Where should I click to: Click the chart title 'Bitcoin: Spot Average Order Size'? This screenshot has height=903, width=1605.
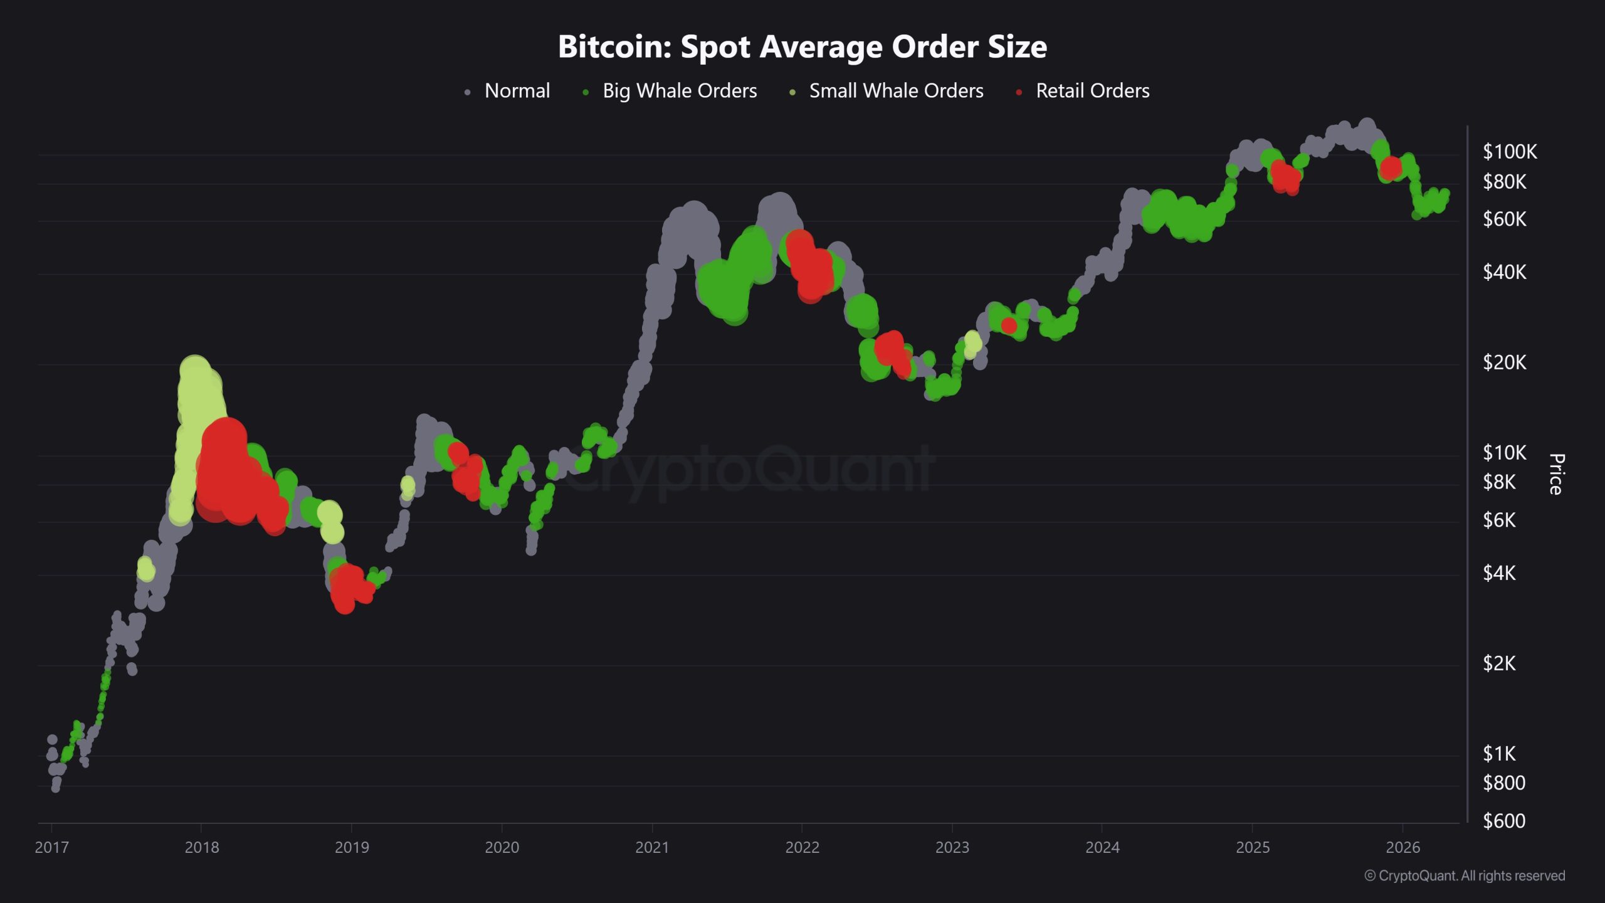pos(802,46)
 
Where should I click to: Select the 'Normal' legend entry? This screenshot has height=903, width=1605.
pos(517,91)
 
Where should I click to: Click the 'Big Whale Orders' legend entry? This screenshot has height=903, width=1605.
pos(679,91)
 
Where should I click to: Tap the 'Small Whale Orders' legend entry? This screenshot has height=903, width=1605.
pos(896,91)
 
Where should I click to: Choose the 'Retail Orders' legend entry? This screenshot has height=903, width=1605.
pos(1092,91)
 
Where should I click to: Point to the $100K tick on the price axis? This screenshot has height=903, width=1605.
pos(1509,152)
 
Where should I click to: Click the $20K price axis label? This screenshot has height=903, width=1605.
pos(1504,362)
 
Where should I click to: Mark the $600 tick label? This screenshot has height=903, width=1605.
pos(1503,821)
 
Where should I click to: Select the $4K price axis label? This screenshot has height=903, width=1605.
pos(1499,573)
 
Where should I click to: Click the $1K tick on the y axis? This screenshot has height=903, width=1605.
pos(1499,753)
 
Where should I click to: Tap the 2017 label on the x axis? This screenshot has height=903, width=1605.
pos(51,847)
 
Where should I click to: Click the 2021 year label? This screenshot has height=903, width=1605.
pos(652,847)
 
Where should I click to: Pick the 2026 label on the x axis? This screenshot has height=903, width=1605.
pos(1402,847)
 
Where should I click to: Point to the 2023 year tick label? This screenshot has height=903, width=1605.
pos(952,847)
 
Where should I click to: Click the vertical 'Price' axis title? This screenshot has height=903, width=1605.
pos(1556,475)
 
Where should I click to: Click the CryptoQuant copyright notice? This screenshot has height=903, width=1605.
pos(1465,875)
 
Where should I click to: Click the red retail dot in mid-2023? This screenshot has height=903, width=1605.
pos(1009,325)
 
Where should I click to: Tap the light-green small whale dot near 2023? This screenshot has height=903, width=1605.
pos(972,342)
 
